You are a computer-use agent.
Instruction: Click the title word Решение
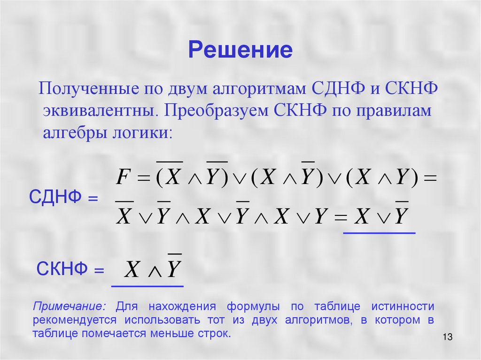[x=240, y=50]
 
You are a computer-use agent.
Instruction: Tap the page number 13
[x=447, y=337]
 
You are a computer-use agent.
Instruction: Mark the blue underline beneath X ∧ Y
[x=147, y=286]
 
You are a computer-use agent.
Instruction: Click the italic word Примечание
[x=70, y=307]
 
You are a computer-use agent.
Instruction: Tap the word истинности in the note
[x=402, y=307]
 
